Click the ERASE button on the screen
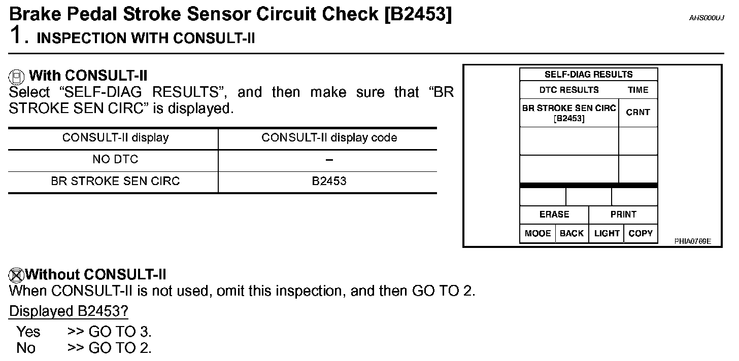[x=554, y=214]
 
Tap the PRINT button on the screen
[x=623, y=214]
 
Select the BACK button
[x=572, y=233]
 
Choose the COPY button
[x=641, y=233]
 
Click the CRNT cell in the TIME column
[x=638, y=113]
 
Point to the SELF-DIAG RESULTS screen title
[x=588, y=75]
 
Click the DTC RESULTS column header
[x=569, y=90]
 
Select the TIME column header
[x=638, y=90]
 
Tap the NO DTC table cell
[x=115, y=160]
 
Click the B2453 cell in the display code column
[x=329, y=182]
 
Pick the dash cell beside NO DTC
[x=329, y=160]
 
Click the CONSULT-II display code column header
[x=329, y=138]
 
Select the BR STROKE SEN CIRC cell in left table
[x=115, y=182]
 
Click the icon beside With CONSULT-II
[x=17, y=77]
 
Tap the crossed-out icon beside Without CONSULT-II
[x=16, y=275]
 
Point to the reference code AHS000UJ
[x=706, y=18]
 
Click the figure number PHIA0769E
[x=692, y=241]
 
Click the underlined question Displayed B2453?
[x=69, y=311]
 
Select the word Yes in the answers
[x=28, y=332]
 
